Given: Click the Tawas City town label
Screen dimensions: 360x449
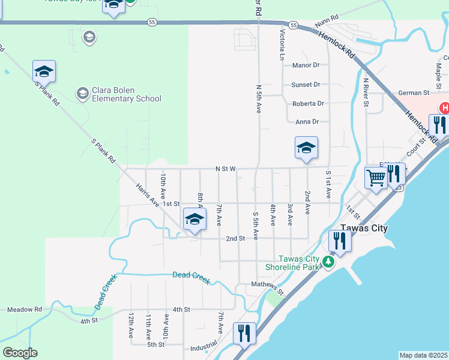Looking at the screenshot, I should pos(364,229).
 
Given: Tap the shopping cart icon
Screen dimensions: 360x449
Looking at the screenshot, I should pos(376,177).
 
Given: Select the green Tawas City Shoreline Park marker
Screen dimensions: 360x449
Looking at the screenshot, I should pos(327,262).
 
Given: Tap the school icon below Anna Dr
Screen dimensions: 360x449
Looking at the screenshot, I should pos(306,148).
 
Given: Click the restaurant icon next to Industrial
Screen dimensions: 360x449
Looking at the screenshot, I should pos(244,332).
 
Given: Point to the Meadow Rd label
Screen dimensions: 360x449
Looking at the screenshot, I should pos(25,310).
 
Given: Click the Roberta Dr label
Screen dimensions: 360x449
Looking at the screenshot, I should pos(308,104).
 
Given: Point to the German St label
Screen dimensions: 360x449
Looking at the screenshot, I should pos(414,93).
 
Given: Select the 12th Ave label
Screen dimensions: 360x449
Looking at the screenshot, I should pos(131,325).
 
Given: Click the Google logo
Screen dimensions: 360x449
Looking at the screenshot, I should pos(20,353).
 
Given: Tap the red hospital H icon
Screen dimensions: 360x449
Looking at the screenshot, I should pos(444,108).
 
